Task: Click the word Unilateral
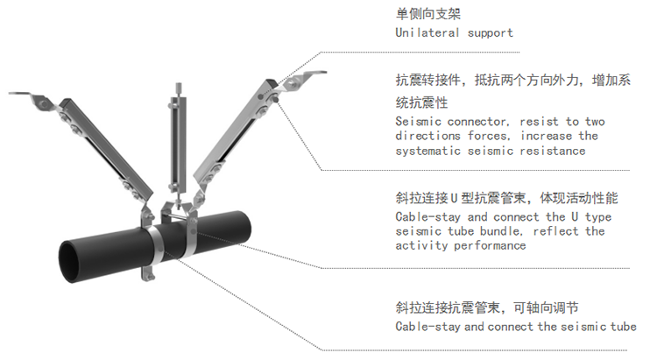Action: pos(427,32)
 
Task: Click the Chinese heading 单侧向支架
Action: pos(427,14)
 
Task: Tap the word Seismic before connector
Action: pos(418,122)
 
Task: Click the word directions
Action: pos(427,136)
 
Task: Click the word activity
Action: pos(421,245)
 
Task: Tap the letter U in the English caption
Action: pos(575,216)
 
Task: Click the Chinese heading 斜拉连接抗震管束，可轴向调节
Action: pos(487,308)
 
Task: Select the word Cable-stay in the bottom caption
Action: pos(427,327)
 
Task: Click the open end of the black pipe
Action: pos(70,262)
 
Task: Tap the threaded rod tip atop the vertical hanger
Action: pos(179,88)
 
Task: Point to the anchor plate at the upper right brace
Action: pos(305,78)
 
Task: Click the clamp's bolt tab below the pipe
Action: pos(148,273)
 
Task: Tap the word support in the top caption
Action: pos(491,33)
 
